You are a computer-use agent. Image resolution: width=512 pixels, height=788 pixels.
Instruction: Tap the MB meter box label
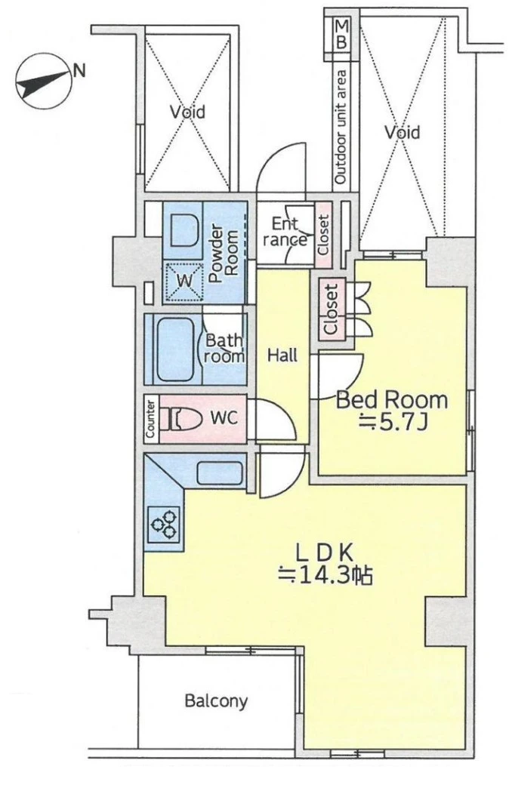[x=341, y=34]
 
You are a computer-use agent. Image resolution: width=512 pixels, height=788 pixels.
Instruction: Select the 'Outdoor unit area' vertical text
[x=341, y=127]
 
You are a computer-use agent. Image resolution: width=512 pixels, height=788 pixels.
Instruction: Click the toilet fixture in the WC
[x=177, y=418]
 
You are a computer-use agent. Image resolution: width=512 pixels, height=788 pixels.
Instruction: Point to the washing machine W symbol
[x=184, y=281]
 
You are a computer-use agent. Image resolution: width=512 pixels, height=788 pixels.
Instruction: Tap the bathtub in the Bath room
[x=175, y=349]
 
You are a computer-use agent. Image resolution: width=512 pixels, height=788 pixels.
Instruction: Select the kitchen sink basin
[x=220, y=473]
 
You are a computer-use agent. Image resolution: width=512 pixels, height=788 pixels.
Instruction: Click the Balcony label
[x=216, y=700]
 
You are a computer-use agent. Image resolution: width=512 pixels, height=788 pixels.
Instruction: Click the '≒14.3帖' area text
[x=326, y=575]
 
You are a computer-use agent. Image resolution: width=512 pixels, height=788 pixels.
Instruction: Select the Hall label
[x=282, y=356]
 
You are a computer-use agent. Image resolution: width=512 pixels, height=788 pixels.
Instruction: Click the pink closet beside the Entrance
[x=323, y=235]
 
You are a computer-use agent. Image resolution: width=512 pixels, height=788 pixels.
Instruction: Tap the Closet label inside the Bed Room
[x=331, y=309]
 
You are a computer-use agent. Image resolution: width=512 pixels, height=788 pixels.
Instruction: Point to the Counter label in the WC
[x=150, y=419]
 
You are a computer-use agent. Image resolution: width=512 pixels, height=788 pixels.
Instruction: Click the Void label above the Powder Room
[x=187, y=111]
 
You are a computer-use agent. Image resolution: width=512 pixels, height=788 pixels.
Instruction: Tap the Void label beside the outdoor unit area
[x=403, y=132]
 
